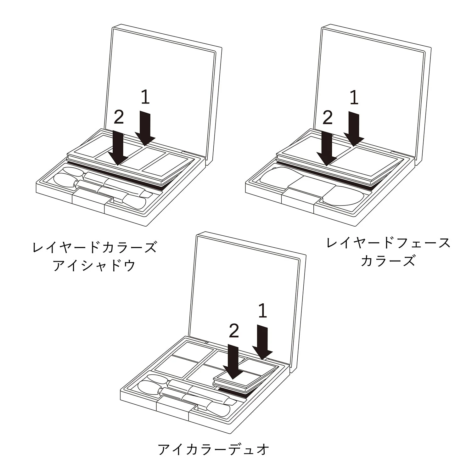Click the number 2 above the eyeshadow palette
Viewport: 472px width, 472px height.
click(x=119, y=117)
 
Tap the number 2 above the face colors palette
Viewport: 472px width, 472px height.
click(x=328, y=118)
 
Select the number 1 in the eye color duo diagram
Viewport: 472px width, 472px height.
click(x=262, y=311)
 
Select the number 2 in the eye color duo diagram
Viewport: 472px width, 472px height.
click(x=234, y=331)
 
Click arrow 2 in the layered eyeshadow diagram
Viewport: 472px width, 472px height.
click(x=118, y=148)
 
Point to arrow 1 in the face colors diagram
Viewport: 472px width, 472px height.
click(x=354, y=129)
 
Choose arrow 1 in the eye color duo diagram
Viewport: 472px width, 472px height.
click(x=262, y=343)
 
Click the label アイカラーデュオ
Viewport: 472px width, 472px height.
click(x=214, y=449)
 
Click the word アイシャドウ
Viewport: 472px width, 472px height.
click(x=94, y=265)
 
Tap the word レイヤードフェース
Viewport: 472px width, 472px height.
click(x=388, y=243)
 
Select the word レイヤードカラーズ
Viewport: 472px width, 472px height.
click(x=94, y=247)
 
